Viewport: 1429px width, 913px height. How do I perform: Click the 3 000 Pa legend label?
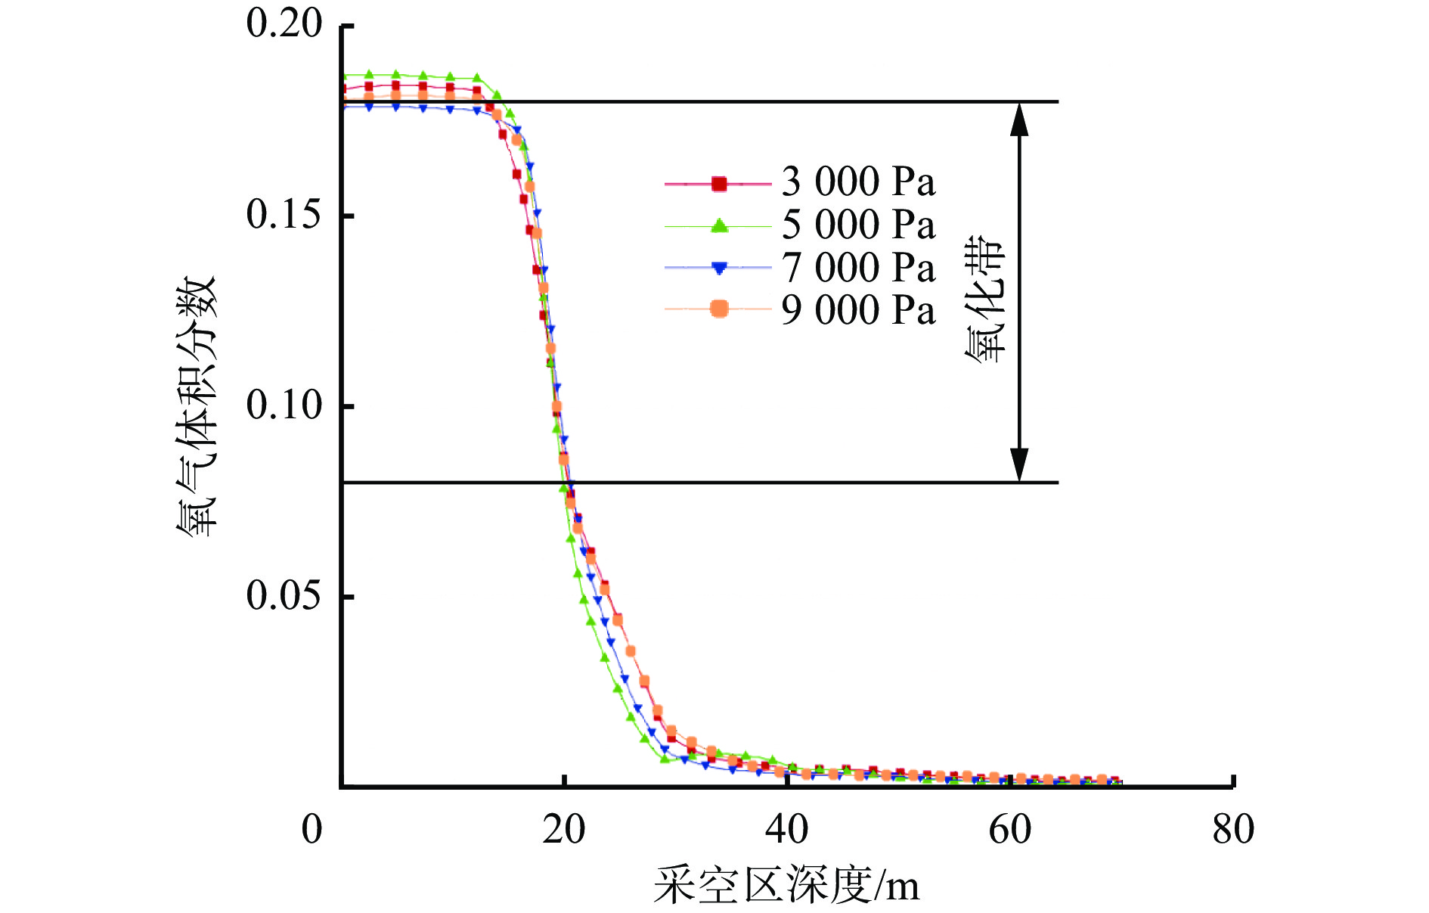(x=858, y=182)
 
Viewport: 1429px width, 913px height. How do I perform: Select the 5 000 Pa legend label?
(x=858, y=225)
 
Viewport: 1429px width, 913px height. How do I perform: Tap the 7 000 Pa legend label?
(x=858, y=268)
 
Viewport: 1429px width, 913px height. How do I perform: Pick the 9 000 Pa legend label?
(x=858, y=310)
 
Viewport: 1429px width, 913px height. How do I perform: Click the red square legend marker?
(x=719, y=183)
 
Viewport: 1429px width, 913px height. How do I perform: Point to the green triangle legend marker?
(x=719, y=225)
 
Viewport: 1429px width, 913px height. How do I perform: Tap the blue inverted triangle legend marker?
(x=719, y=268)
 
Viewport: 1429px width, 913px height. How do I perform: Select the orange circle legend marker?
(x=719, y=309)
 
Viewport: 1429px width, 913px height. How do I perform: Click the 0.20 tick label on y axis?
(x=284, y=24)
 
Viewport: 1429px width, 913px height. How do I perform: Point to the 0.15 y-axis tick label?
(x=284, y=215)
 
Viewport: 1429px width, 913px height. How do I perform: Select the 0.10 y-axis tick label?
(x=284, y=405)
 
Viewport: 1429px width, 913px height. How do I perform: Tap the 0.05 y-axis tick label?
(x=284, y=596)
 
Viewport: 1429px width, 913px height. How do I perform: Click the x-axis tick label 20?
(x=564, y=830)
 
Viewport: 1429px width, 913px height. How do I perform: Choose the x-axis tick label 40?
(x=787, y=830)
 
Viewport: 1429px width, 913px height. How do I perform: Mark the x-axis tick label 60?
(x=1010, y=830)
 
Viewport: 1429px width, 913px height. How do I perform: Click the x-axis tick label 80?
(x=1233, y=830)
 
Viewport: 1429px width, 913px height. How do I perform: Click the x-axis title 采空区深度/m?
(x=786, y=885)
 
